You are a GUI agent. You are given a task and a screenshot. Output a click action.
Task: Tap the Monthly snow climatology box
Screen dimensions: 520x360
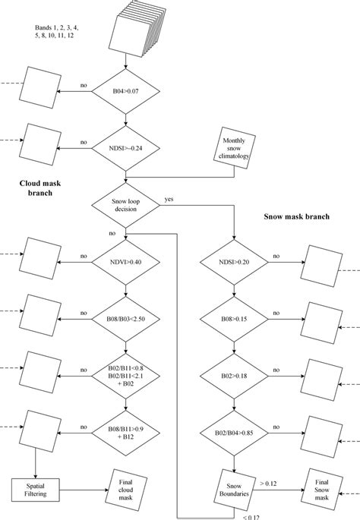pos(235,146)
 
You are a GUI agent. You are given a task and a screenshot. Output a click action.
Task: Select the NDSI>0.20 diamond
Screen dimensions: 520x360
pos(234,262)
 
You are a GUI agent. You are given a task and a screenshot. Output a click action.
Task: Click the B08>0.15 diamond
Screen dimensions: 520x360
pos(234,320)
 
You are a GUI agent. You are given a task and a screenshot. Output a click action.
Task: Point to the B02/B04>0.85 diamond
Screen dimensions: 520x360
pos(234,433)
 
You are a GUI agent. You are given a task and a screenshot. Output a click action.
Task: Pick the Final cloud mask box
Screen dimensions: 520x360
pos(125,485)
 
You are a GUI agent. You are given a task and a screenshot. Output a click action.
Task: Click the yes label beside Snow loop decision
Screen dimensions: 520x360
pos(169,200)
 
